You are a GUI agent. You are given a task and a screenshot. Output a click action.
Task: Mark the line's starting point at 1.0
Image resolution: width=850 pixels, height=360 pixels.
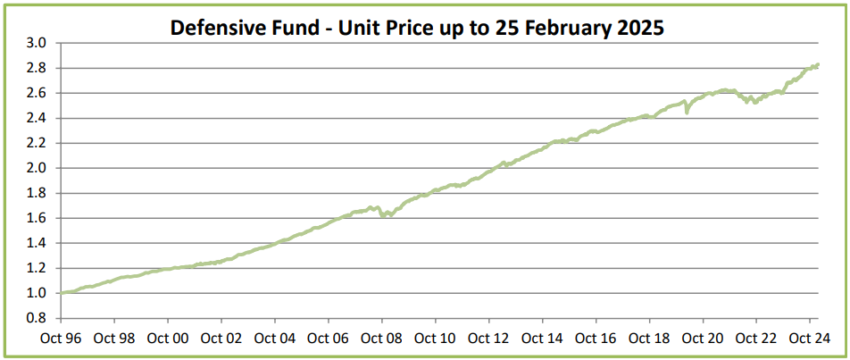coord(61,292)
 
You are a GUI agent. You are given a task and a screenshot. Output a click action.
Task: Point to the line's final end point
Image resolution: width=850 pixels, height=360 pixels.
coord(818,64)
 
